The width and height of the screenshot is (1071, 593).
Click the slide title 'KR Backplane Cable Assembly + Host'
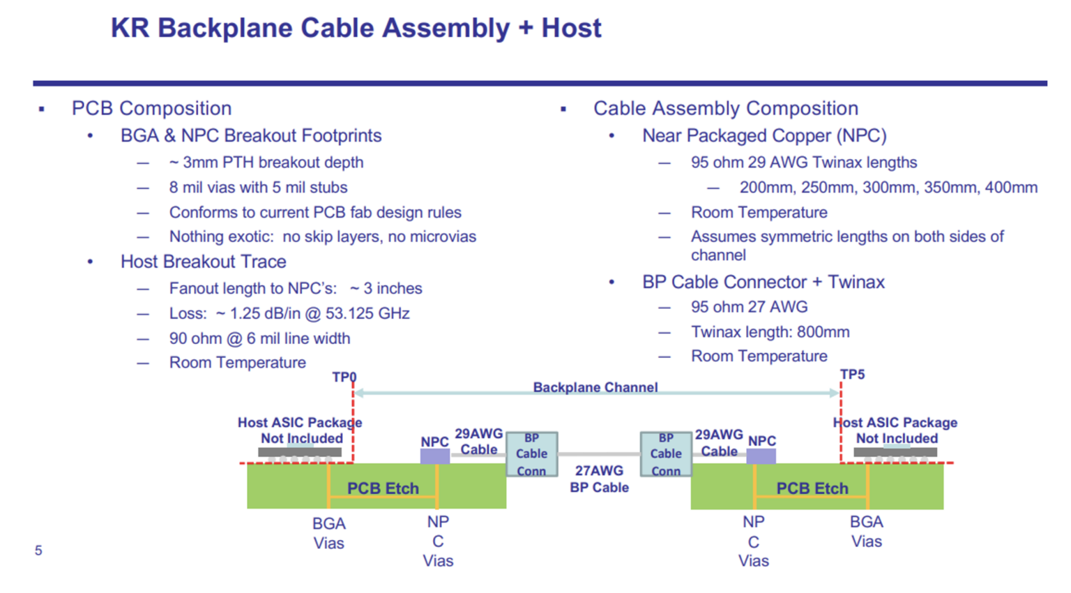coord(356,29)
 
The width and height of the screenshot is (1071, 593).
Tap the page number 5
coord(38,551)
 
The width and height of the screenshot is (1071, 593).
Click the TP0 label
coord(344,377)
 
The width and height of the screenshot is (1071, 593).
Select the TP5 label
coord(852,375)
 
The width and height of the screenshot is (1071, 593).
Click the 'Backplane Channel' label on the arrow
coord(595,387)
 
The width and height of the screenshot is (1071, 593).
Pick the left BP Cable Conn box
coord(531,454)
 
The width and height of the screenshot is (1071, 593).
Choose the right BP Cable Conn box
coord(666,454)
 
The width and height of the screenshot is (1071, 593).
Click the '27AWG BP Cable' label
coord(599,479)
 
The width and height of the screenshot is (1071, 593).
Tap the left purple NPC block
coord(435,456)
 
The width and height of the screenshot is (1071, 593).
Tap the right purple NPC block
coord(761,456)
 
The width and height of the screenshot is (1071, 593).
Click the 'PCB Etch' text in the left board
coord(383,488)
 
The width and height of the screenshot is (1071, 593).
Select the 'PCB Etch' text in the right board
coord(812,488)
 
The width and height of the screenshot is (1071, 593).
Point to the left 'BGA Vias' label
coord(328,533)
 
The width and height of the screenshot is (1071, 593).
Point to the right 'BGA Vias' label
coord(866,532)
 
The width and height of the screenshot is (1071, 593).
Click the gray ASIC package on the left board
coord(300,452)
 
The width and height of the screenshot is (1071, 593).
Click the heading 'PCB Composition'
coord(151,108)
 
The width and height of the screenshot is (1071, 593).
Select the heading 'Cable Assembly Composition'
coord(725,108)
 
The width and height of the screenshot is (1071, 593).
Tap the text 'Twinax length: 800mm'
coord(770,332)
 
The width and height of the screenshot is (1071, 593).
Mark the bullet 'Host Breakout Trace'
coord(203,262)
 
